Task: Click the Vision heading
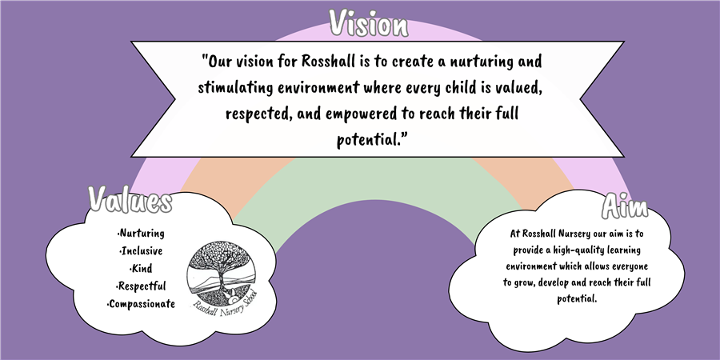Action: click(368, 23)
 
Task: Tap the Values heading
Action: click(130, 200)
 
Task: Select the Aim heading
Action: click(625, 206)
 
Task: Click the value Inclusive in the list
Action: click(142, 250)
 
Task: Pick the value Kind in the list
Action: click(142, 268)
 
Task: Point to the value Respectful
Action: click(141, 286)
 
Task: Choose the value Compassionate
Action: click(141, 304)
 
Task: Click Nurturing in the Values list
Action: click(141, 234)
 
